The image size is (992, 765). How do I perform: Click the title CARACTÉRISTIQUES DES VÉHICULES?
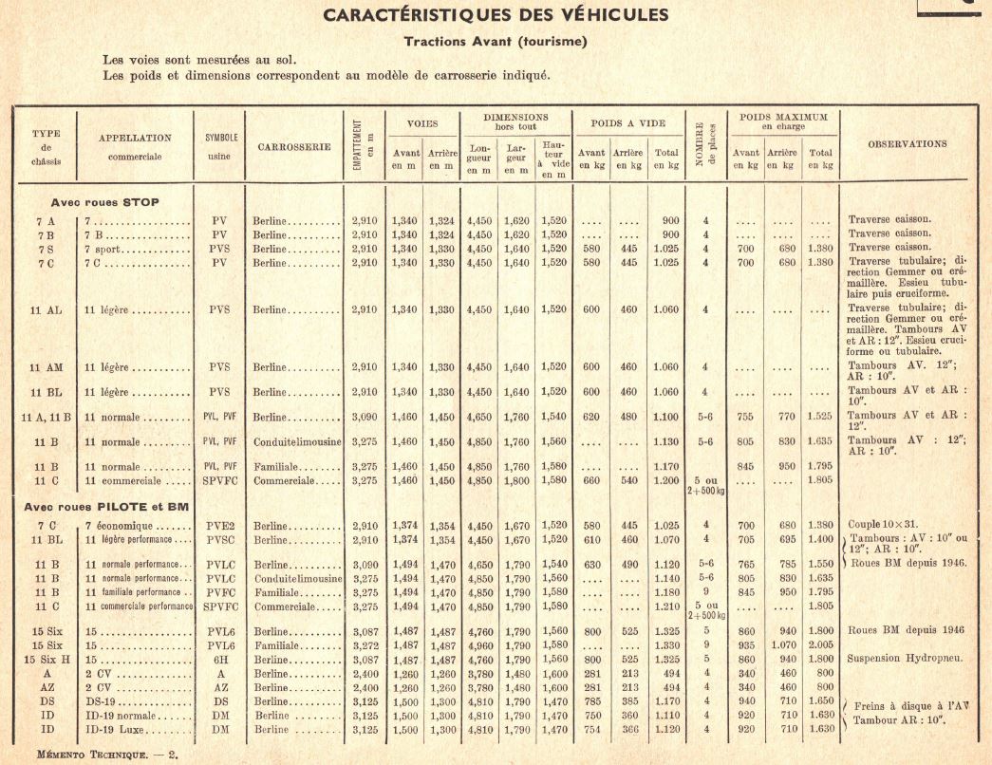(496, 15)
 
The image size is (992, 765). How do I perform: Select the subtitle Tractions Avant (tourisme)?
(496, 41)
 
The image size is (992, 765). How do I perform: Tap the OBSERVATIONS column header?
(907, 144)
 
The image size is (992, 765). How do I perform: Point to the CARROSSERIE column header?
(293, 147)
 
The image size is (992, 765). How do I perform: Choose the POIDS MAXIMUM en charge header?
(782, 121)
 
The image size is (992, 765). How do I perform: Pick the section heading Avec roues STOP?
(105, 202)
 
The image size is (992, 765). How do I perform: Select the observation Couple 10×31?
(885, 524)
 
